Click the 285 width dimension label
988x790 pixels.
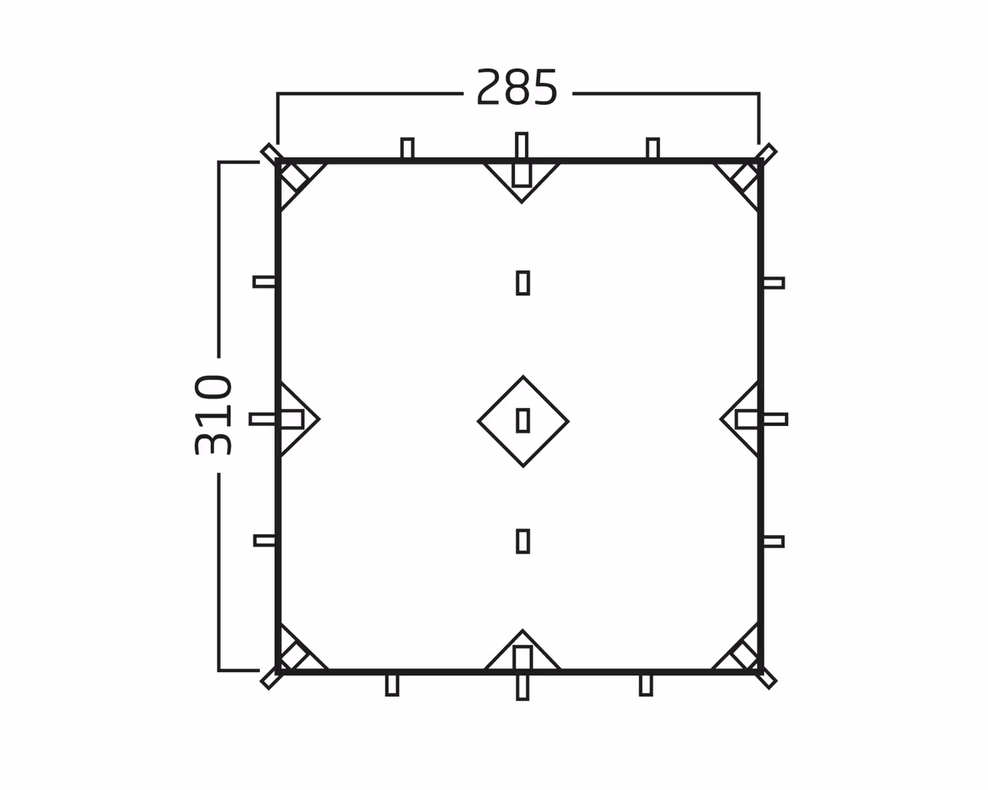tap(517, 87)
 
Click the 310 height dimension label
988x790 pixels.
tap(213, 415)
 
